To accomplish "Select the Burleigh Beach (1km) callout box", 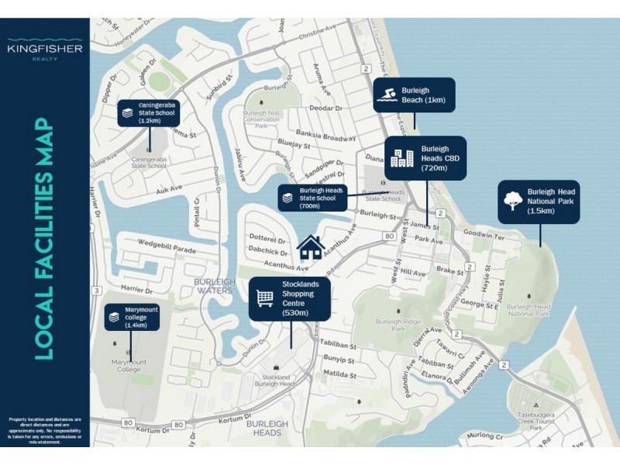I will [413, 95].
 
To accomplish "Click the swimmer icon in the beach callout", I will [387, 95].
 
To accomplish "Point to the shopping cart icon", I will [265, 298].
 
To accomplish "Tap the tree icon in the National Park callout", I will [512, 201].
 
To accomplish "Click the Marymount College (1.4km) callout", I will [132, 317].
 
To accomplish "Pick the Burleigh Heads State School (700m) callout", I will [312, 198].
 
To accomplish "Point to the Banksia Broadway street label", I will [328, 138].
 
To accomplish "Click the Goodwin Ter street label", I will [483, 233].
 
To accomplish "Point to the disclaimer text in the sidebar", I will [45, 427].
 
